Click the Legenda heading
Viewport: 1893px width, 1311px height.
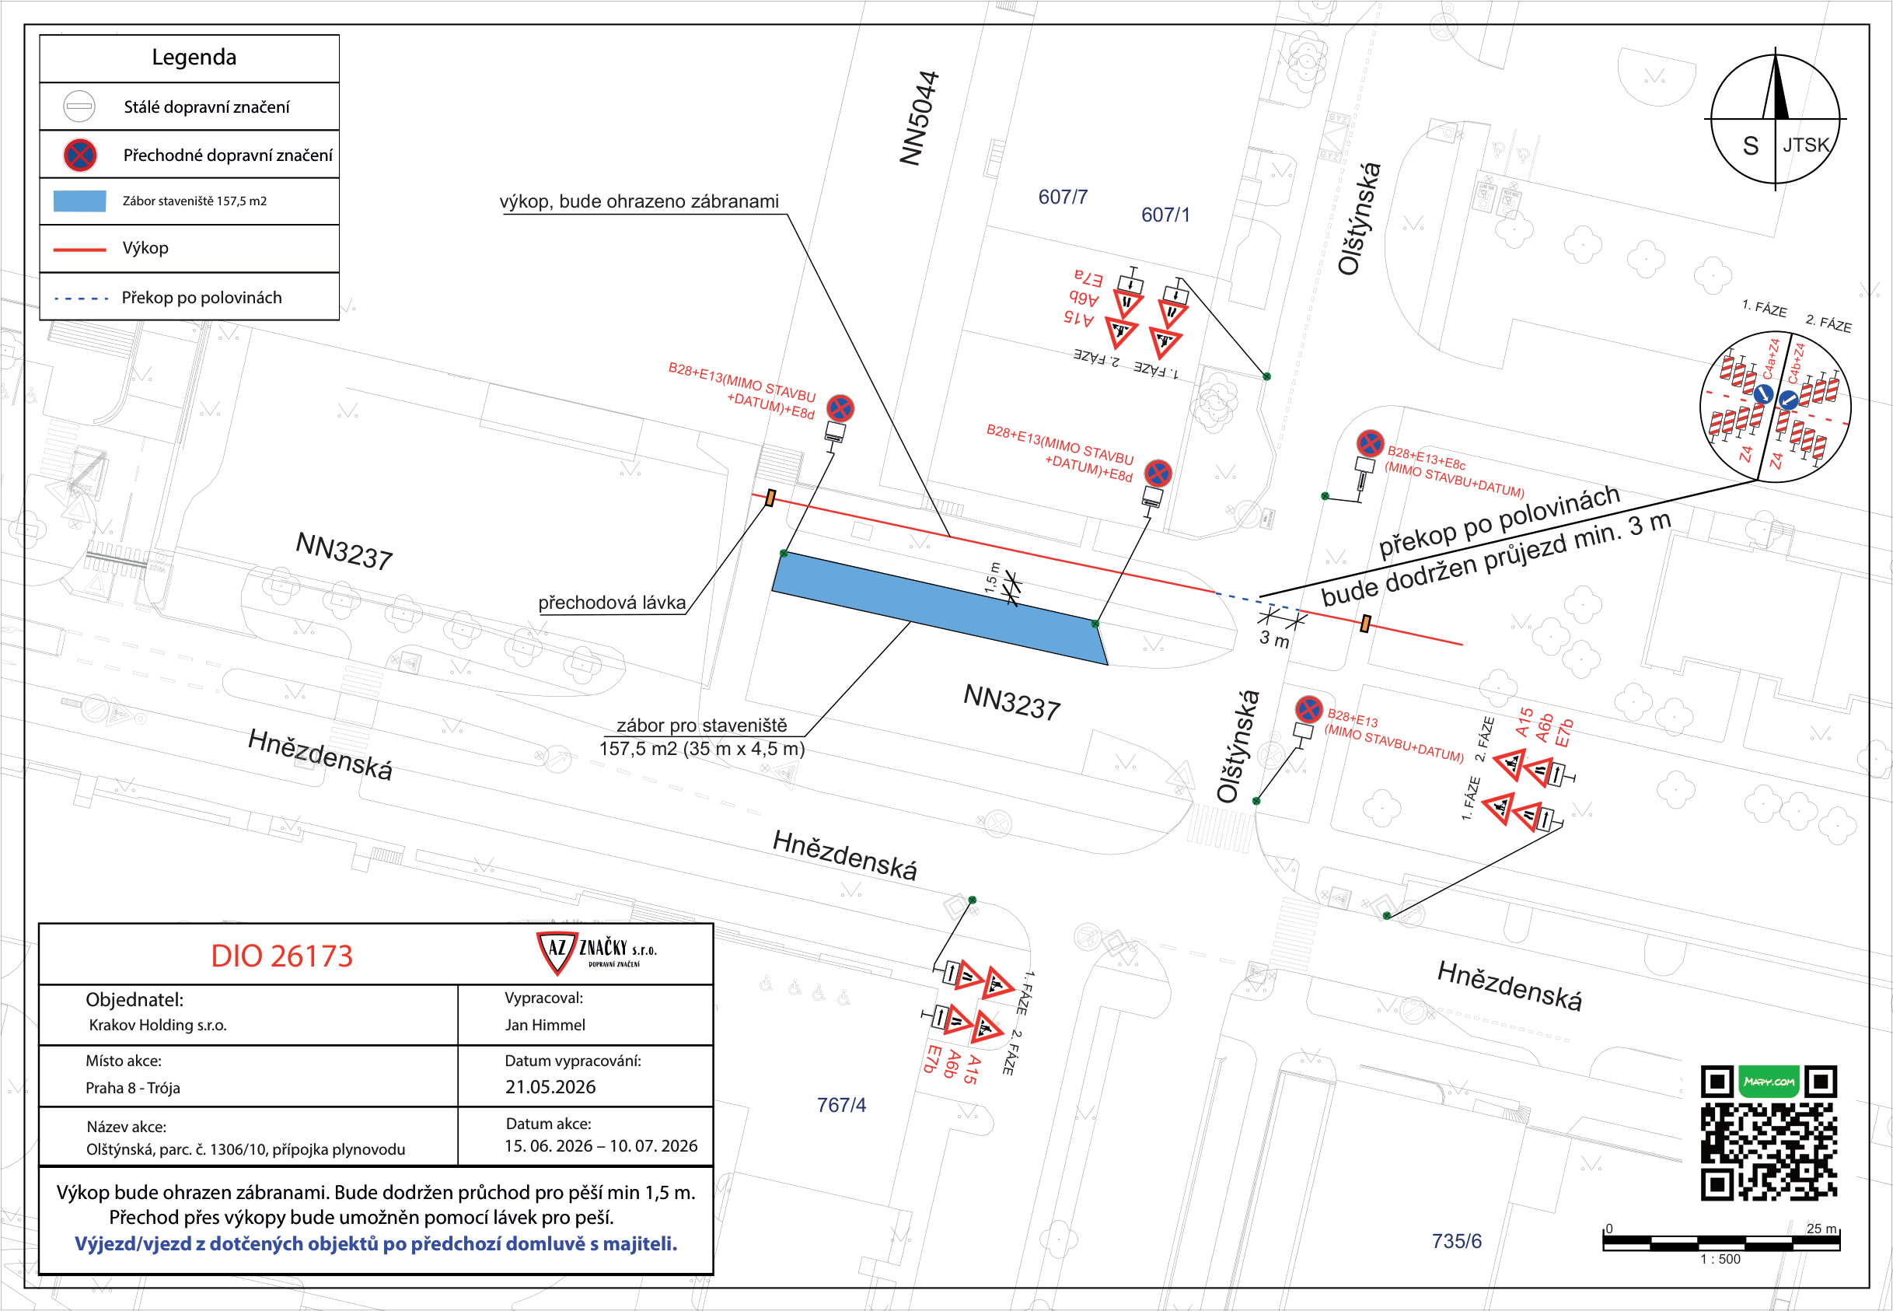(194, 58)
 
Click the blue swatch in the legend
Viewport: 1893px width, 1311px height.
(79, 201)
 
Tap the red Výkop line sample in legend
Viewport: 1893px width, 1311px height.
(79, 249)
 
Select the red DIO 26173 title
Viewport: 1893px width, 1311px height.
(281, 956)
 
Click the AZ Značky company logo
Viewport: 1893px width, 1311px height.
(596, 953)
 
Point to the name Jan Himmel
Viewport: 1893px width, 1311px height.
(545, 1025)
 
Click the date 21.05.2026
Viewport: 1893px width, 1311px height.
(550, 1087)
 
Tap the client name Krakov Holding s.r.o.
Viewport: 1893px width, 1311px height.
(158, 1025)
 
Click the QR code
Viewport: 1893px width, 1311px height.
(1768, 1134)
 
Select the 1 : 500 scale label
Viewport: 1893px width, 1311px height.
(1720, 1259)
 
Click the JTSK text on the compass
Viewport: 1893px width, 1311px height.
(1806, 145)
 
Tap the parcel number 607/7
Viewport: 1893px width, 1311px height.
(1063, 198)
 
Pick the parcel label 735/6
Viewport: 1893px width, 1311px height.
(1456, 1241)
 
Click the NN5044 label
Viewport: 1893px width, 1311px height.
(920, 118)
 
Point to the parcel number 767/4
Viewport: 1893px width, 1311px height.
(841, 1105)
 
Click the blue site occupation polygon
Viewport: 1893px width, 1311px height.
(941, 608)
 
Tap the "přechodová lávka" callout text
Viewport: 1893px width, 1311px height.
(612, 603)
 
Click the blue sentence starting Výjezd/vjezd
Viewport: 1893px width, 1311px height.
(376, 1243)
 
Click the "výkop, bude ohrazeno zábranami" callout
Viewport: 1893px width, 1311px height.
(639, 202)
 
